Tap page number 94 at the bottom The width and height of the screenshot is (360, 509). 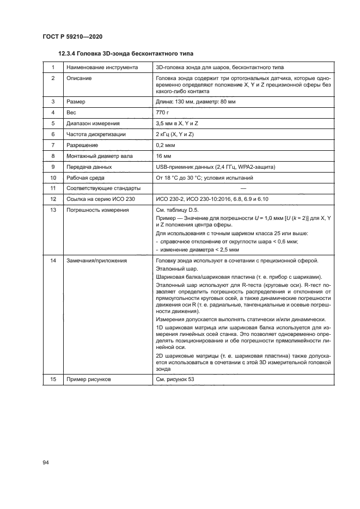tap(46, 462)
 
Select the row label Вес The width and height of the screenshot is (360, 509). tap(71, 112)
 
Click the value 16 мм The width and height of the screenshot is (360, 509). tap(164, 156)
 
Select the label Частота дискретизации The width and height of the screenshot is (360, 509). tap(96, 134)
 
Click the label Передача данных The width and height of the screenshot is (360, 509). tap(89, 167)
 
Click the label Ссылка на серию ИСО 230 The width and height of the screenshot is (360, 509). tap(100, 199)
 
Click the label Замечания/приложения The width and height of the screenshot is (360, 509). tap(96, 261)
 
